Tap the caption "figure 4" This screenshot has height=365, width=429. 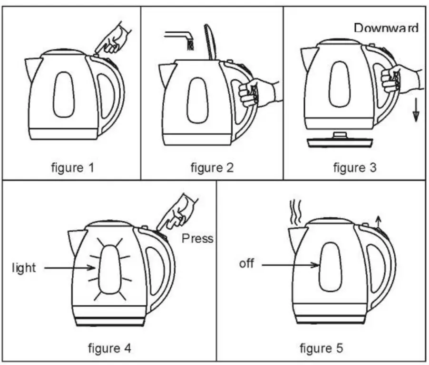pos(109,348)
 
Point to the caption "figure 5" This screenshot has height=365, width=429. pos(321,348)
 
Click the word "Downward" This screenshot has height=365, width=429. pos(386,28)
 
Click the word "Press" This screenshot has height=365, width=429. pos(198,238)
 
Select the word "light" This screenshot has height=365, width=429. pos(24,268)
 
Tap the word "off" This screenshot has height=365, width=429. pos(246,263)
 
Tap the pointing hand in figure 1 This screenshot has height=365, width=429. pos(112,40)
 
